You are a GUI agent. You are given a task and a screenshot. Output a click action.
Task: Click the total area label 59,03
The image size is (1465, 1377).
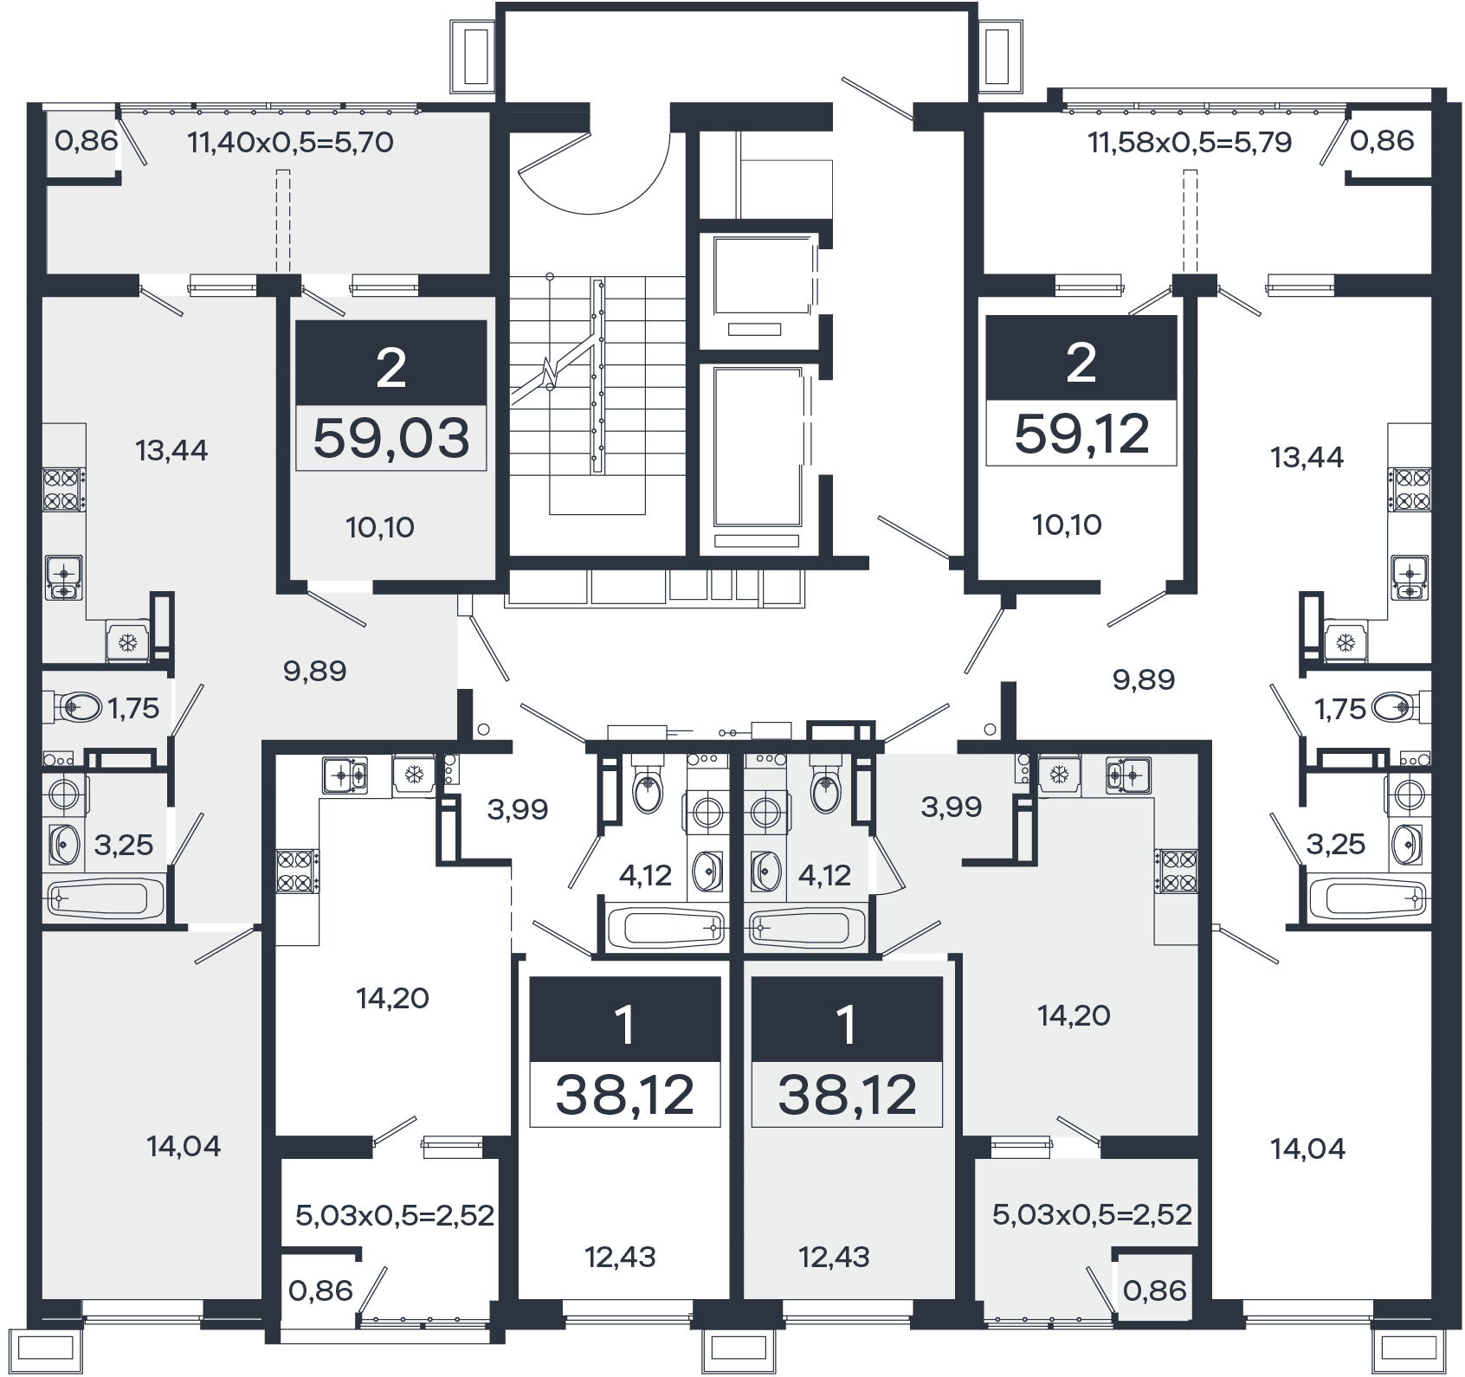pos(391,437)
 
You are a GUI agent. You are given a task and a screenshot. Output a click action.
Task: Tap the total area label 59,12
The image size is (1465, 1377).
pos(1081,433)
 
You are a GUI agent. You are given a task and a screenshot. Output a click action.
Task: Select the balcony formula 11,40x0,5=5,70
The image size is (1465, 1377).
pos(291,141)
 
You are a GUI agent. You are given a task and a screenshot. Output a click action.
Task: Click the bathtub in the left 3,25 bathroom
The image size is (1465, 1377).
pos(105,898)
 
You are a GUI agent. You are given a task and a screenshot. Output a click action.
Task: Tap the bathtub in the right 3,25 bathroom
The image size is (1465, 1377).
pos(1367,898)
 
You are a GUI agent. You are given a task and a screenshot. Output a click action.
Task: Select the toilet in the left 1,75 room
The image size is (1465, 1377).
pos(70,707)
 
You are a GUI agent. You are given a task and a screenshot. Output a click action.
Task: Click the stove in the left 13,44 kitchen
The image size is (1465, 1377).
pos(63,488)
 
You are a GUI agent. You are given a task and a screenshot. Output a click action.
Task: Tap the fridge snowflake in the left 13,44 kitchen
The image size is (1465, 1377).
pos(127,642)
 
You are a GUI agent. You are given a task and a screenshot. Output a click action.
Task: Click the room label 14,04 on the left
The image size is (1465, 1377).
pos(184,1147)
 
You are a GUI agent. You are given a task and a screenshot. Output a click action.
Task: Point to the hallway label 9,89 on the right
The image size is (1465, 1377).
pos(1143,679)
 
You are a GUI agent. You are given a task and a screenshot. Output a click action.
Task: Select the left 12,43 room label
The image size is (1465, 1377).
pos(620,1256)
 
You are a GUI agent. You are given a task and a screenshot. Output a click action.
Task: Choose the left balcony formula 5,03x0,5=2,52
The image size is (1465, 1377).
pos(395,1215)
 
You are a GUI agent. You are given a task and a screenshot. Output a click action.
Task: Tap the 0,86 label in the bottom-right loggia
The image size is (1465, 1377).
pos(1154,1290)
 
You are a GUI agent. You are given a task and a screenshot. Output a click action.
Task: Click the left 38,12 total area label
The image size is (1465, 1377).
pos(624,1095)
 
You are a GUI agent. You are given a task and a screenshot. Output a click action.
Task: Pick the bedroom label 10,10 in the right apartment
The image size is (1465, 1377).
pos(1067,524)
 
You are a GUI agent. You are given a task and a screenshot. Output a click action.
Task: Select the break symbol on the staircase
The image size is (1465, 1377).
pos(547,374)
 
